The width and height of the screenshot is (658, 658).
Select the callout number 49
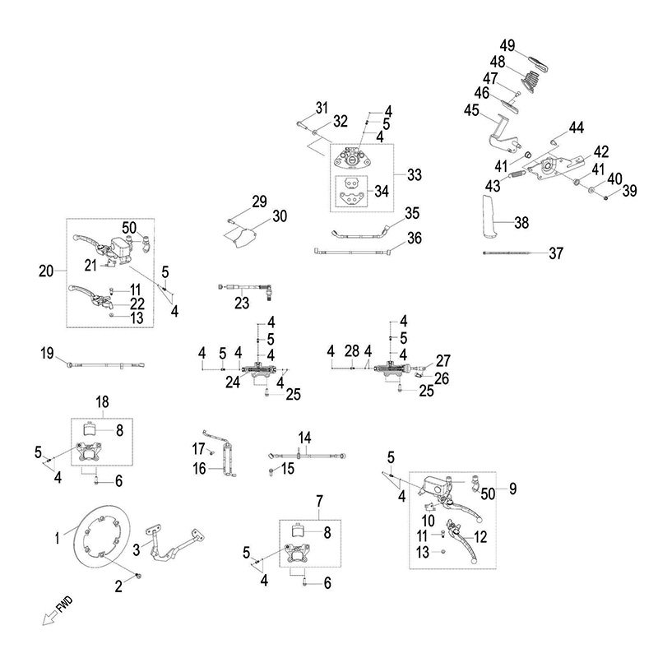click(x=507, y=44)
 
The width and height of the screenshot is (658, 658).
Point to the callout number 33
click(x=414, y=175)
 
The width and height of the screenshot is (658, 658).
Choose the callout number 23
click(x=241, y=302)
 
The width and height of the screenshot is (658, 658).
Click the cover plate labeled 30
click(x=243, y=237)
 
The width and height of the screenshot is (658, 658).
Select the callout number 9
click(x=512, y=489)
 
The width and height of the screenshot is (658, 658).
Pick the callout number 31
click(x=321, y=107)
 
